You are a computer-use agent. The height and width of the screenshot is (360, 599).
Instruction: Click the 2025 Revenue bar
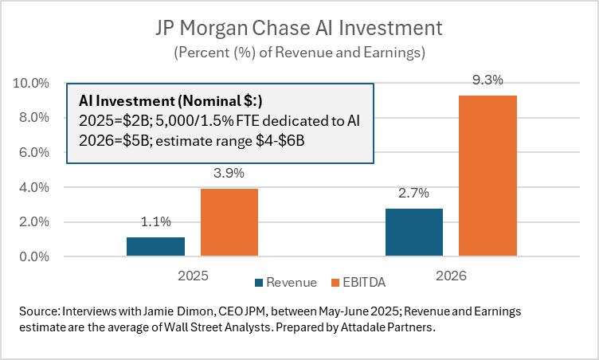click(x=155, y=247)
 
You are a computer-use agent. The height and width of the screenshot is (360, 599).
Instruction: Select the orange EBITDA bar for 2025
click(x=229, y=223)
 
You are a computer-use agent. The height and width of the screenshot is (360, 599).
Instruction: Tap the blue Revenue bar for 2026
click(x=414, y=233)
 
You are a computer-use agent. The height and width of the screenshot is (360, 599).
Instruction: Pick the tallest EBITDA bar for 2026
click(x=487, y=176)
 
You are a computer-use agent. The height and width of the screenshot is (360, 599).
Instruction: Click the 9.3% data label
click(x=487, y=80)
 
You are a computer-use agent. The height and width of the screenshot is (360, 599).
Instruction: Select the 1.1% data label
click(x=155, y=223)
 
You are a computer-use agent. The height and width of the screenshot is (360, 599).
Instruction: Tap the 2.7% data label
click(x=414, y=194)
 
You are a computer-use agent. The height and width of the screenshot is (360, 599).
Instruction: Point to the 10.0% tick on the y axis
click(x=31, y=83)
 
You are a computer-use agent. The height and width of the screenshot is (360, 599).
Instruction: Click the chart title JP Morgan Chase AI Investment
click(x=299, y=29)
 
